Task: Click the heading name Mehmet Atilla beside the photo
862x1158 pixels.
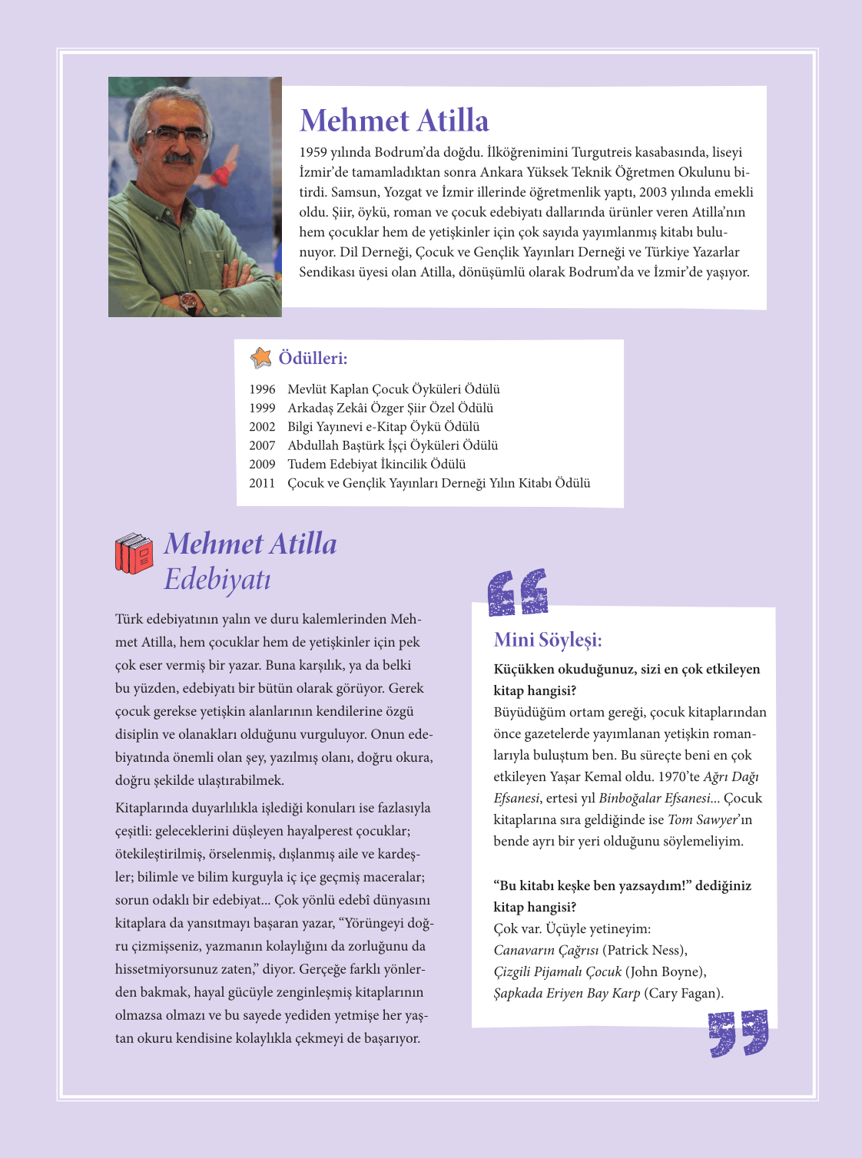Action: [x=394, y=121]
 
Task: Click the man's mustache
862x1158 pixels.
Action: [x=178, y=159]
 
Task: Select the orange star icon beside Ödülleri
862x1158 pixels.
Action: [x=261, y=357]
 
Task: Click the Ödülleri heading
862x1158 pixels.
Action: [x=313, y=359]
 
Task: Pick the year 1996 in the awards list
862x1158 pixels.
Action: [x=262, y=389]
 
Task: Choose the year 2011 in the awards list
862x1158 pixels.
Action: [x=262, y=483]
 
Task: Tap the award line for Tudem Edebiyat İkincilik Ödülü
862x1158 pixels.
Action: [x=376, y=464]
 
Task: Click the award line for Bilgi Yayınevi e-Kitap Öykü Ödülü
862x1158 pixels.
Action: [x=383, y=427]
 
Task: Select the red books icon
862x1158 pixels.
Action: [x=134, y=554]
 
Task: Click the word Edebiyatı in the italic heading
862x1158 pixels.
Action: [x=217, y=579]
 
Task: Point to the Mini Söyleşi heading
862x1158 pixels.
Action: [x=548, y=640]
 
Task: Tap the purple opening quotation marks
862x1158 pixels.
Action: [x=519, y=592]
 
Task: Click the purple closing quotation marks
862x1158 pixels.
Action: [x=738, y=1033]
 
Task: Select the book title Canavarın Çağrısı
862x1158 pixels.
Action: [x=546, y=950]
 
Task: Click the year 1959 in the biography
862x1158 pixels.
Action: [x=313, y=152]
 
